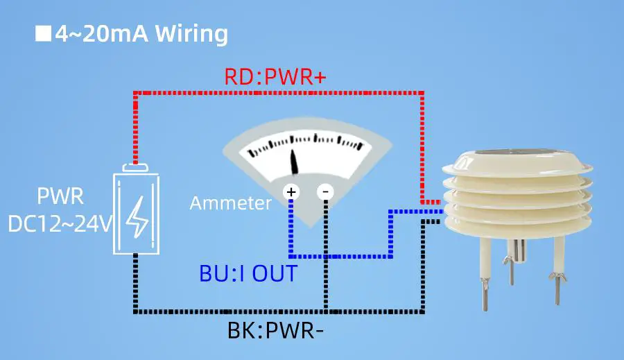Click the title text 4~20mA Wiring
pos(142,33)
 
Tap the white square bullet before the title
pos(43,33)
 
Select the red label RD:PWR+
pos(275,77)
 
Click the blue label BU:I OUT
pos(248,273)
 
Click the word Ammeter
pos(230,203)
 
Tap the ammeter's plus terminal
pos(291,191)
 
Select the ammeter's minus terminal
pos(326,191)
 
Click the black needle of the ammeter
pos(295,162)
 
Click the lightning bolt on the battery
pos(136,215)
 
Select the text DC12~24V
pos(60,223)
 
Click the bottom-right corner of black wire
pos(423,310)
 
